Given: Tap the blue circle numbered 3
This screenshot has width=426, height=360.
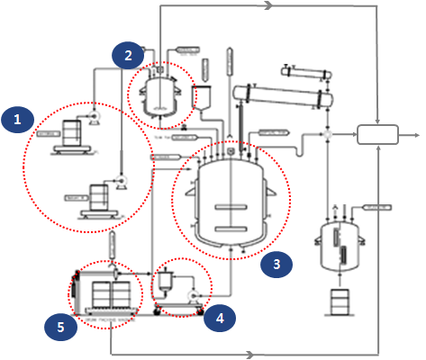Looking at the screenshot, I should (x=277, y=264).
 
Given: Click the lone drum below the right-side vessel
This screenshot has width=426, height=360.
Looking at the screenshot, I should (x=340, y=302).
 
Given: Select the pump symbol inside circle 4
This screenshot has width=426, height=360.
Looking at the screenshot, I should (x=193, y=294).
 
